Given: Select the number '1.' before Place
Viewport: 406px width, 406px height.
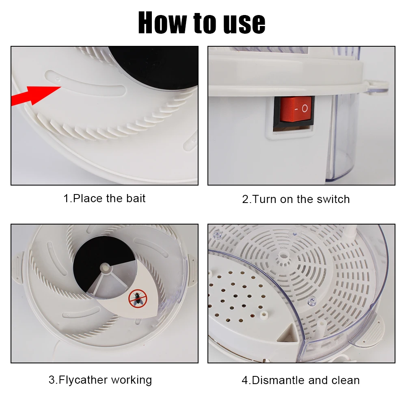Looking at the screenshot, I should [x=68, y=199].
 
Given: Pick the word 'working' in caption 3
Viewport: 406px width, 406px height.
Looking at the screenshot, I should [x=131, y=380].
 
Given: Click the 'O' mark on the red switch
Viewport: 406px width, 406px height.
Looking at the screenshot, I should [x=305, y=109].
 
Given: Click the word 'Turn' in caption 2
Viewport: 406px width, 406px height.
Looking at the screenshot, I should [x=264, y=199].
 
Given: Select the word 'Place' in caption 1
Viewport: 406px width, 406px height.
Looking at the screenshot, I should [x=88, y=199].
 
